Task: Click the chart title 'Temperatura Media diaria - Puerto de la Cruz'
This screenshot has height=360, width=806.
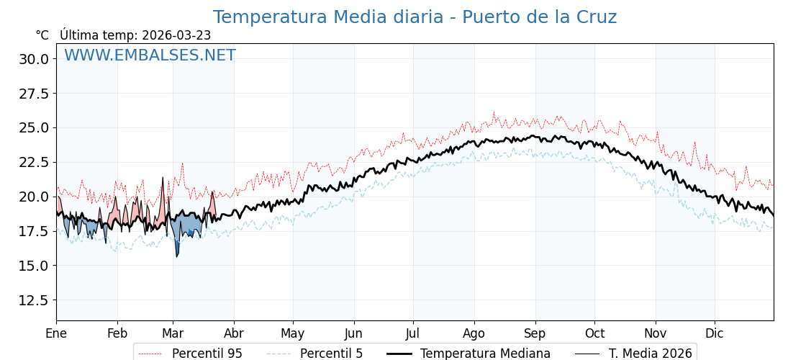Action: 415,17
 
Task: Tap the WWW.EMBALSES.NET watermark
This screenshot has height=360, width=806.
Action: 150,55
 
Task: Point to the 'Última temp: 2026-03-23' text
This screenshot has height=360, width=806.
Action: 135,35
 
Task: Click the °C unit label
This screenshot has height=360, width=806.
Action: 42,35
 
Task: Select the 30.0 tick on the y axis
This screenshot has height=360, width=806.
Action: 35,59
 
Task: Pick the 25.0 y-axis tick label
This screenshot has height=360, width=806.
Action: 35,128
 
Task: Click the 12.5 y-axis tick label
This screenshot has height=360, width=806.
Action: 35,300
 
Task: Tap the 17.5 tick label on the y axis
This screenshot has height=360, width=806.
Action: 35,231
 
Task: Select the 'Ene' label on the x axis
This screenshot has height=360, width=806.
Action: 56,333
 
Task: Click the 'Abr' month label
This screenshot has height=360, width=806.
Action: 234,333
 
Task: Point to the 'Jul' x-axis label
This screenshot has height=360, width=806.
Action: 413,333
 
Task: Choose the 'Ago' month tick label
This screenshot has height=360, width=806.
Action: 474,333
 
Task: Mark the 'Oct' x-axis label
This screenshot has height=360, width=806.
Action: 594,333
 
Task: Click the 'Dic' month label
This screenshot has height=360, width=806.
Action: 715,333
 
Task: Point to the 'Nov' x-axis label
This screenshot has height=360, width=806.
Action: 656,333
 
